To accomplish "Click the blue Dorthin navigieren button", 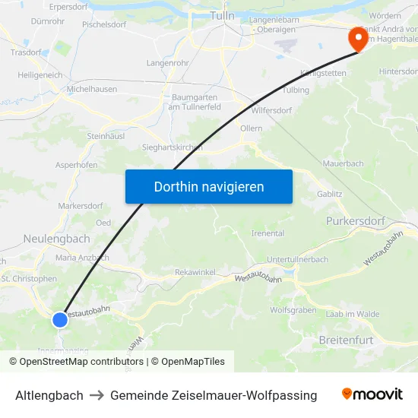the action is [x=208, y=186].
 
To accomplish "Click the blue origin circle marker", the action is [x=60, y=320].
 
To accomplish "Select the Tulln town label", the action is [x=223, y=16].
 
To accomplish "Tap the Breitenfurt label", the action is [x=347, y=340].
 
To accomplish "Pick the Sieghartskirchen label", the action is [x=172, y=147].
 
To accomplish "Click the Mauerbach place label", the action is [x=343, y=163].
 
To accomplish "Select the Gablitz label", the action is [x=330, y=195].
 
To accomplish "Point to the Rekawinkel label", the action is [x=195, y=272].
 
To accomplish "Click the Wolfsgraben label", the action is [x=293, y=310].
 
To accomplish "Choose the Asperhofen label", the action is [x=76, y=165].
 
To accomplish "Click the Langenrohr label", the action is [x=167, y=62].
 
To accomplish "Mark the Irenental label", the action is [x=268, y=233].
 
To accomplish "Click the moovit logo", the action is [x=372, y=394].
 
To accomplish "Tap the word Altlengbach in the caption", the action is [x=49, y=395].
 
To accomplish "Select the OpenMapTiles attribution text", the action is [x=188, y=362].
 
